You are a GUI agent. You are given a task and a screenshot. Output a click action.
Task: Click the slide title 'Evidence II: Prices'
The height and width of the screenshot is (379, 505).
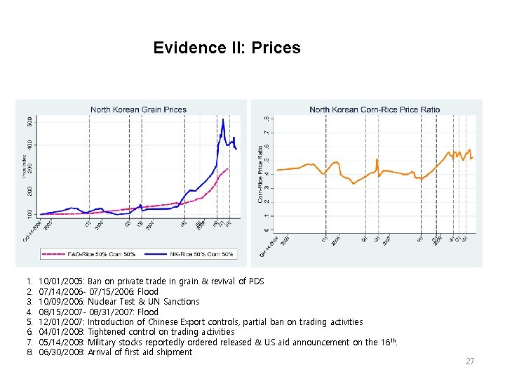[x=227, y=48]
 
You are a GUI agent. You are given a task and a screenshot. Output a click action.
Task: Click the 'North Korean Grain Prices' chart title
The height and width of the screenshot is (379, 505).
[x=138, y=109]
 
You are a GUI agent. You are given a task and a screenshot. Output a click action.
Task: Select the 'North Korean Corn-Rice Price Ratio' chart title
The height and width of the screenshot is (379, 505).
[x=375, y=109]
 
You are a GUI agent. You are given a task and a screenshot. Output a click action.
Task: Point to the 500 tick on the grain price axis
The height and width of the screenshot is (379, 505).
[x=29, y=121]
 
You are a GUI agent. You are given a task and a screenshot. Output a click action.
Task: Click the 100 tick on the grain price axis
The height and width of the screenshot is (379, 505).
[x=29, y=213]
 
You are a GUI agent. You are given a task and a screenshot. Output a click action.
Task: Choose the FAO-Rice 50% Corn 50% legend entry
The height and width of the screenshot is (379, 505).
[x=92, y=253]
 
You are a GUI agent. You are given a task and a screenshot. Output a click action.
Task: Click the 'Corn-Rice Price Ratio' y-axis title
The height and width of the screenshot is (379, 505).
[x=260, y=175]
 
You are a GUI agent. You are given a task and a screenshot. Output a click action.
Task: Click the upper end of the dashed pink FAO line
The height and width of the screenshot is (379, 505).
[x=228, y=169]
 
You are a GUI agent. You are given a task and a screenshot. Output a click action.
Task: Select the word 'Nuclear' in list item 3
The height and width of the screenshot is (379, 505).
[x=103, y=302]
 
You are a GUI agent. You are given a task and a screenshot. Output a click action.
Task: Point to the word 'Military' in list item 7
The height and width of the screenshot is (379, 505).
[x=102, y=343]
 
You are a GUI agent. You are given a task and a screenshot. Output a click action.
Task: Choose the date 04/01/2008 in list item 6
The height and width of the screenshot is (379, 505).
[x=62, y=332]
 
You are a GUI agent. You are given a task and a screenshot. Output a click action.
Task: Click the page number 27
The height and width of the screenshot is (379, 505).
[x=470, y=361]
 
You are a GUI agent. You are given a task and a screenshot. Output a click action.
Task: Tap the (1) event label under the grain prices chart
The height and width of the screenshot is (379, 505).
[x=88, y=225]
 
